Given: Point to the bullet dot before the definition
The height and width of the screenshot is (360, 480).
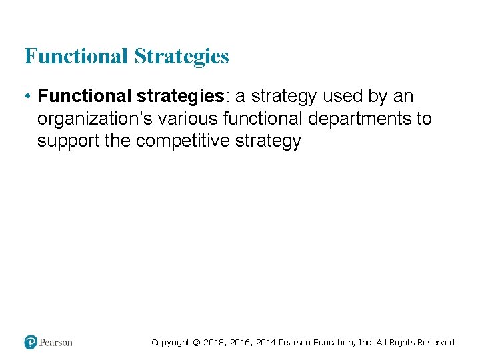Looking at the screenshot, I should [28, 97].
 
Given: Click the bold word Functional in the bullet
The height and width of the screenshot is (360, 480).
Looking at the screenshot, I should [83, 96].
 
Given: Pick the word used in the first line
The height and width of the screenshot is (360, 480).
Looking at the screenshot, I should [343, 97].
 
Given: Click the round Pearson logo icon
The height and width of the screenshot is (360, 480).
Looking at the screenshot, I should [31, 342].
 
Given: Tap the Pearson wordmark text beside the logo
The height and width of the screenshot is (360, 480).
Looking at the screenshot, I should [56, 343].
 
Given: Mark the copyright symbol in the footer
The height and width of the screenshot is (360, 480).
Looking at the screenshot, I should [196, 343].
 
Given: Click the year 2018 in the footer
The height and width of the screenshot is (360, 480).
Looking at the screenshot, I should [215, 343].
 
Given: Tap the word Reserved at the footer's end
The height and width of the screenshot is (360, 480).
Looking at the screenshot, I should [436, 343].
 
